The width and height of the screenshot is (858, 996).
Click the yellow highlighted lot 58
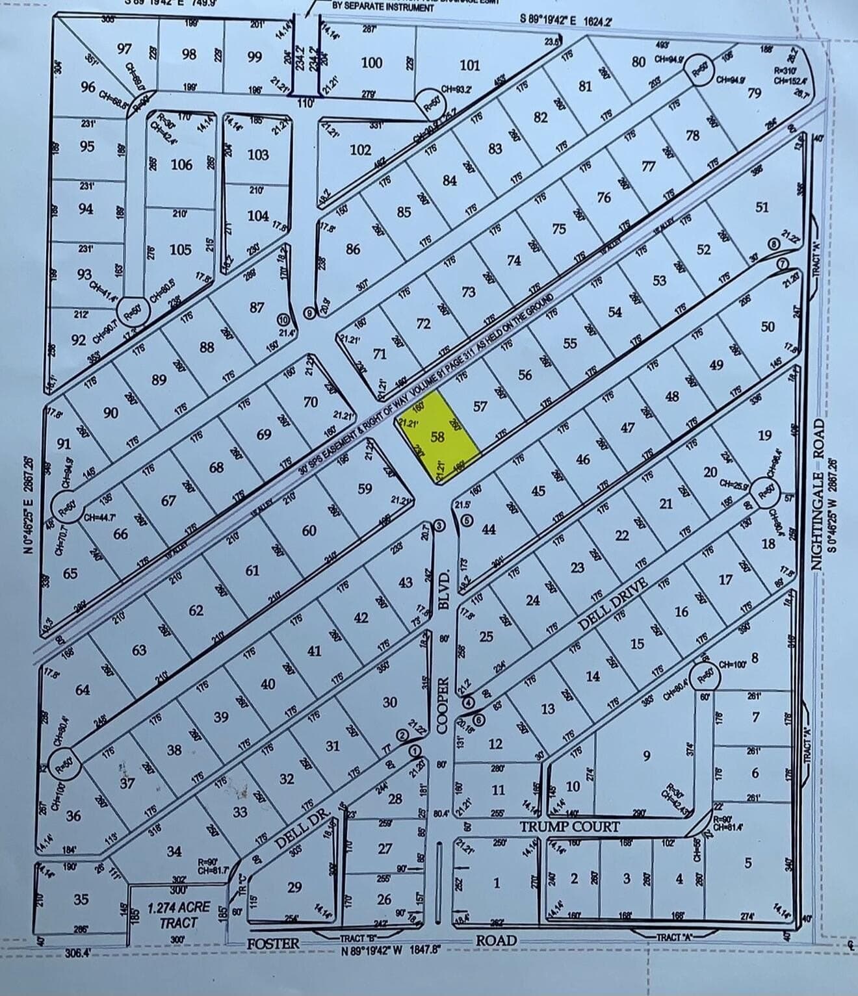[x=438, y=437]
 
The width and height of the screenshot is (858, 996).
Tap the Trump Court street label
[x=569, y=827]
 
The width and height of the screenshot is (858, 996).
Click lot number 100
[x=372, y=62]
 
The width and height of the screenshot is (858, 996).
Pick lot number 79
[x=755, y=94]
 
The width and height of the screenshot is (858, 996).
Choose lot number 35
[x=81, y=899]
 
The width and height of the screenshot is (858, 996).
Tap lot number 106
[x=181, y=164]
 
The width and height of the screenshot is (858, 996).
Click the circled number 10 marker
[x=283, y=320]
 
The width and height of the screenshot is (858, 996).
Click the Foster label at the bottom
[x=273, y=943]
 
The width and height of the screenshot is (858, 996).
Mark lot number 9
[x=646, y=755]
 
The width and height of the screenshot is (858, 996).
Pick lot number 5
[x=748, y=863]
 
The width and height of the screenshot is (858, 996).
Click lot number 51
[x=762, y=207]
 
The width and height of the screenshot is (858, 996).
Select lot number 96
[x=88, y=87]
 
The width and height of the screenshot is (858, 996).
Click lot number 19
[x=764, y=435]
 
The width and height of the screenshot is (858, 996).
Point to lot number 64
[x=83, y=689]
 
